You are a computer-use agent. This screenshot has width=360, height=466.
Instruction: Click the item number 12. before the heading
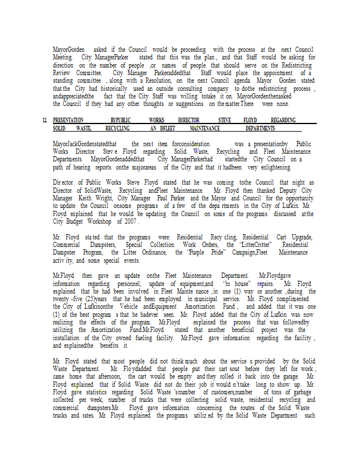coord(45,120)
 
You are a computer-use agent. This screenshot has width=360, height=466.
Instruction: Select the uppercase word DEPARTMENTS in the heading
coord(260,128)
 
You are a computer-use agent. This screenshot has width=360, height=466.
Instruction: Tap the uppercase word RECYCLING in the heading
coord(118,128)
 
